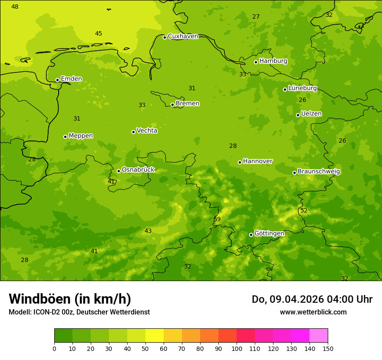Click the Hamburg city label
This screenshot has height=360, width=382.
click(273, 61)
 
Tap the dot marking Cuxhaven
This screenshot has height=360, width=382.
click(165, 37)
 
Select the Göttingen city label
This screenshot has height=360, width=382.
click(269, 234)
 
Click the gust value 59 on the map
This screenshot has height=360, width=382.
click(217, 219)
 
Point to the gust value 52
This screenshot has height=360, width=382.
click(304, 211)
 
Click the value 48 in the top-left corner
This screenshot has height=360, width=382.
click(15, 7)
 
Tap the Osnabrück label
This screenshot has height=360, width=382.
click(138, 170)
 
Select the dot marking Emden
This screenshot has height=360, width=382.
click(57, 80)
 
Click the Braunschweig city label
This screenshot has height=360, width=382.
click(319, 172)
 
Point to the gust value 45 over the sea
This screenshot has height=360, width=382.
click(99, 34)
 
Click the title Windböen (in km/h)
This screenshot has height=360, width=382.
click(70, 299)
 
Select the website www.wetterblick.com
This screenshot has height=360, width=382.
click(313, 312)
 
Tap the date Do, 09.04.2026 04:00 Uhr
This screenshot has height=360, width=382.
click(312, 299)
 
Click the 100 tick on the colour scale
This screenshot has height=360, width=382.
click(237, 348)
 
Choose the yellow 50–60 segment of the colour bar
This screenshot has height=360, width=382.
click(155, 336)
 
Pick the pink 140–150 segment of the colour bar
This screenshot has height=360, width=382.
click(319, 336)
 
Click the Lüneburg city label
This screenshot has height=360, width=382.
click(302, 88)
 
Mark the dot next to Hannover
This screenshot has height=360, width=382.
click(240, 162)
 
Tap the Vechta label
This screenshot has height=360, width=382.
click(147, 131)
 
